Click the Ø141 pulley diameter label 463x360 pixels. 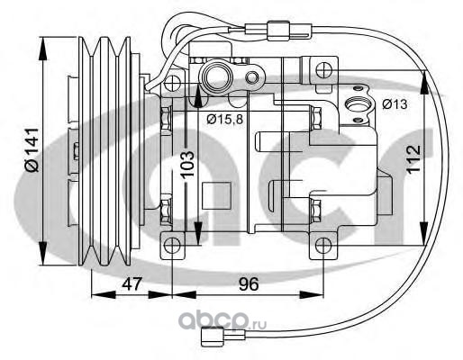32,149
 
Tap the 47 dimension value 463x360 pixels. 132,283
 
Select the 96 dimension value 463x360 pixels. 249,283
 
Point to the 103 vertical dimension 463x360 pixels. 188,165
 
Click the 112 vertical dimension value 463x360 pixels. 413,158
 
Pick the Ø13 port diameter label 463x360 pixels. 395,104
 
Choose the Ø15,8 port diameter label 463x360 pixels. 224,120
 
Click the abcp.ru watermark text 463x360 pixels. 222,319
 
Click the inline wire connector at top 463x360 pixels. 278,31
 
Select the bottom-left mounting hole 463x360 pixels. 172,246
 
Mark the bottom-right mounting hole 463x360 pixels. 322,246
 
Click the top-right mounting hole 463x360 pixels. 323,70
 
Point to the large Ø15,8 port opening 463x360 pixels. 216,76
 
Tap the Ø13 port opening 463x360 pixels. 357,104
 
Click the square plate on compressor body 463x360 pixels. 216,195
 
